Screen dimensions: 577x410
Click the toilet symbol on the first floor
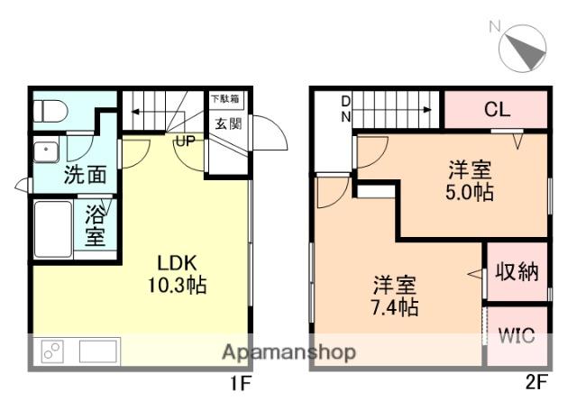coord(50,111)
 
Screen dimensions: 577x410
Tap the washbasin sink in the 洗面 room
coord(46,151)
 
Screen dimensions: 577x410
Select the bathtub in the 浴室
coord(53,229)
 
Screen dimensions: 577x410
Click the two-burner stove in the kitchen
coord(52,351)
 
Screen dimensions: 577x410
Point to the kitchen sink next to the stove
coord(98,351)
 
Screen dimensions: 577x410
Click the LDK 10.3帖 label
coord(177,274)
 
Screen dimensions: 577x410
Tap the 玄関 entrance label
coord(228,124)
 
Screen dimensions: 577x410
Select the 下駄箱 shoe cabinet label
coord(225,98)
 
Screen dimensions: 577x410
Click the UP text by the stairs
coord(186,141)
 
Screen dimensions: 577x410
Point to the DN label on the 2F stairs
coord(346,109)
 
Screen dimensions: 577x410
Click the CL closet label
coord(498,109)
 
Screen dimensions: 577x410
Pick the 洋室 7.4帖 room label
coord(395,296)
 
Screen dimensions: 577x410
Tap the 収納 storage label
coord(517,272)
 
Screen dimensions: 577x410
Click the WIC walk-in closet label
coord(517,335)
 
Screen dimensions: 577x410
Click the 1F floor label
coord(241,384)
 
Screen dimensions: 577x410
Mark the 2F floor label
coord(537,382)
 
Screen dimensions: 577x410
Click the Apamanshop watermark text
coord(288,352)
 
